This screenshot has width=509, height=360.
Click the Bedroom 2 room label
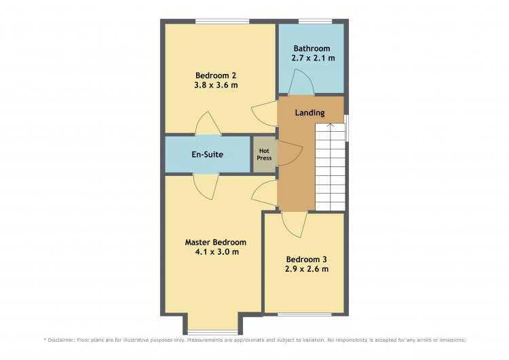(216, 75)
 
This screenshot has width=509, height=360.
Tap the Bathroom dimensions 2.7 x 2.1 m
(314, 58)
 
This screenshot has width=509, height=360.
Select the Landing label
(309, 113)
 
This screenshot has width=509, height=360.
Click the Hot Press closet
(264, 154)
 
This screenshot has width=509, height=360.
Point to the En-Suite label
(207, 154)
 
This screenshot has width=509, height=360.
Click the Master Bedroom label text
(216, 242)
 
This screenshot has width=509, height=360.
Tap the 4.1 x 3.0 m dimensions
(216, 252)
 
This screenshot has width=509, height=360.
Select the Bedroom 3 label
(307, 259)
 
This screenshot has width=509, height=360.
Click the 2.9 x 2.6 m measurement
(307, 269)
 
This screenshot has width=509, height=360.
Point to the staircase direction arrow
(330, 125)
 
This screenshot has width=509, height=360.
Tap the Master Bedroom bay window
(212, 332)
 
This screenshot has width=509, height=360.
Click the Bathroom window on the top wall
(315, 22)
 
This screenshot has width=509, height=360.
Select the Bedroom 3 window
(305, 314)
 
